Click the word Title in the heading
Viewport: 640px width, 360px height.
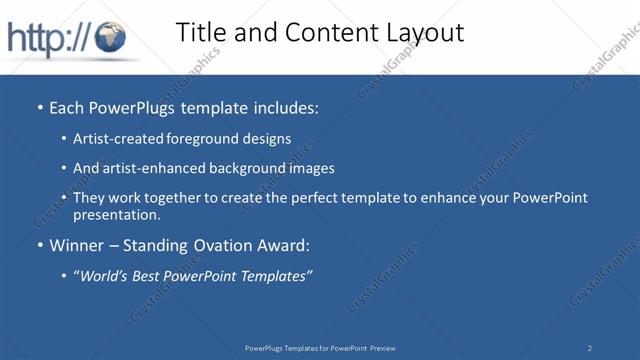coord(202,32)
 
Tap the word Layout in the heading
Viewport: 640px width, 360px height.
coord(423,32)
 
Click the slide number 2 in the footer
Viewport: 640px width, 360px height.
coord(590,348)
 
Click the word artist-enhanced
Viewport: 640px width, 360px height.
coord(153,168)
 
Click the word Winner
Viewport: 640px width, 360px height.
coord(77,245)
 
